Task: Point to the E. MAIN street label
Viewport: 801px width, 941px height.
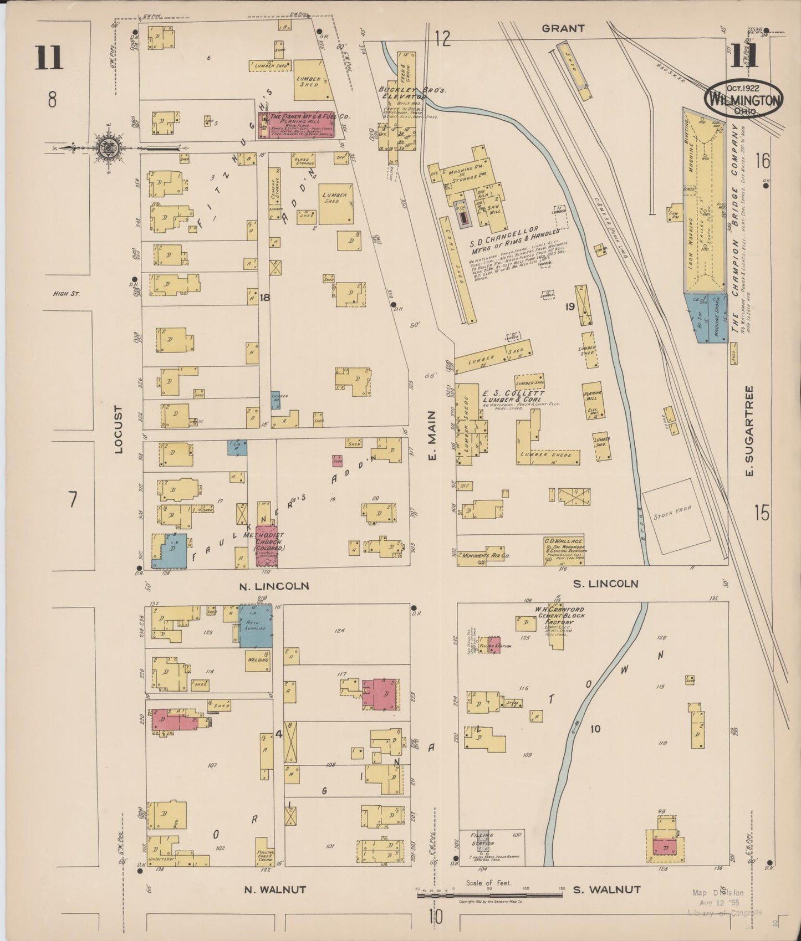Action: pos(432,443)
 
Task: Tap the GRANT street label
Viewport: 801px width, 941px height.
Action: pos(563,28)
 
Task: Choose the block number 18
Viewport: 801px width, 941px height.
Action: pos(264,298)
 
